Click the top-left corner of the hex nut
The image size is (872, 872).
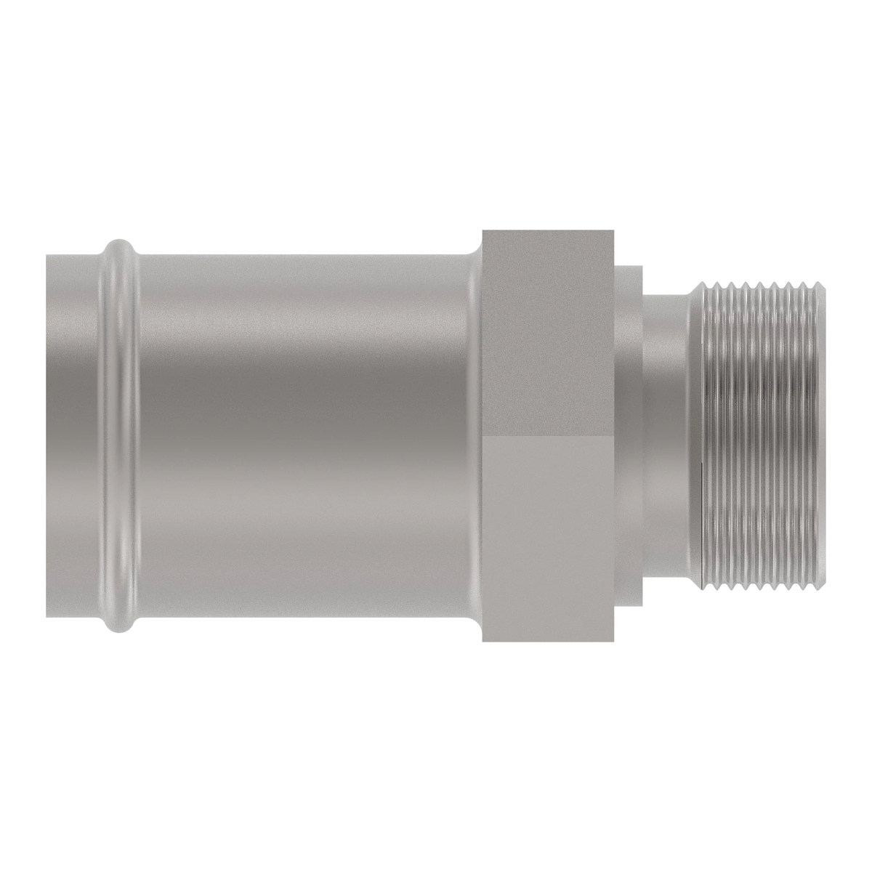pyautogui.click(x=485, y=232)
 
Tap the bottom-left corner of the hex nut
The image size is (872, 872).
pyautogui.click(x=485, y=641)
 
